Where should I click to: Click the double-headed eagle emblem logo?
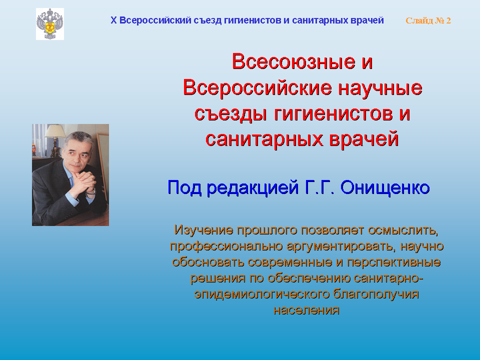pyautogui.click(x=50, y=24)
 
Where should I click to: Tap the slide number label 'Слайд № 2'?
pyautogui.click(x=428, y=20)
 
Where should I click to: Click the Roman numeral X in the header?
pyautogui.click(x=113, y=20)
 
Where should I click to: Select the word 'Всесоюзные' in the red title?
pyautogui.click(x=293, y=61)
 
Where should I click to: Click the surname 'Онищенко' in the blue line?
pyautogui.click(x=385, y=187)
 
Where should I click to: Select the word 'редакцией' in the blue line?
pyautogui.click(x=252, y=188)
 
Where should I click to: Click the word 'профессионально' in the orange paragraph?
pyautogui.click(x=226, y=246)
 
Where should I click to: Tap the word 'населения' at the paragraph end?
pyautogui.click(x=306, y=310)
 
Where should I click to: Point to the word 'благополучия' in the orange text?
pyautogui.click(x=376, y=294)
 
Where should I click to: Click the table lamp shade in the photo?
pyautogui.click(x=55, y=131)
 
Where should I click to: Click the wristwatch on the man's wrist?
pyautogui.click(x=91, y=192)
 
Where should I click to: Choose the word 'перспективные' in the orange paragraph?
pyautogui.click(x=393, y=262)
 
